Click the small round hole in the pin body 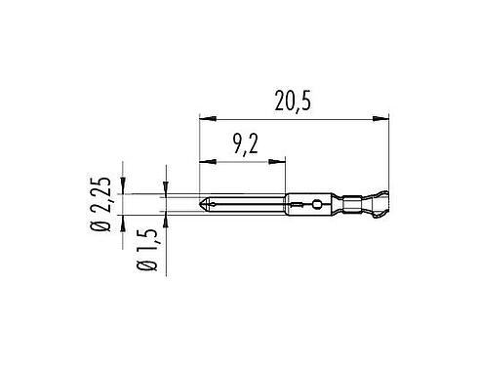[x=315, y=205]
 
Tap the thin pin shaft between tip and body [x=244, y=205]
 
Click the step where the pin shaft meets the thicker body [x=287, y=205]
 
